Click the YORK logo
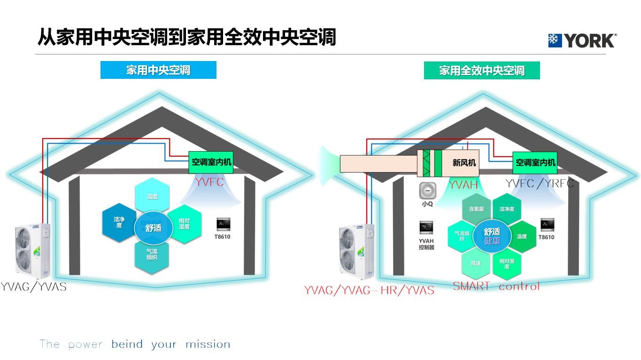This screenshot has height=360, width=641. click(x=582, y=41)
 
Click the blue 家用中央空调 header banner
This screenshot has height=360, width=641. click(x=158, y=70)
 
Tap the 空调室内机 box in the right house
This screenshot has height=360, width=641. click(x=535, y=162)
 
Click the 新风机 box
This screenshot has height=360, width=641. click(x=464, y=163)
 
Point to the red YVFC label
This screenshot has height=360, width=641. click(x=209, y=182)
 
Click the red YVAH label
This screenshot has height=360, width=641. click(x=463, y=185)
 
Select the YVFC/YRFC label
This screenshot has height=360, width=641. click(x=540, y=183)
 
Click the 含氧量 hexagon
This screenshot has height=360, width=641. click(x=476, y=209)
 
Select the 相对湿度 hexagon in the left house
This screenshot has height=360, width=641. click(x=184, y=224)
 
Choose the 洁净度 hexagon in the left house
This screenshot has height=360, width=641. click(x=119, y=222)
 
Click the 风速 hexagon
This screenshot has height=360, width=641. click(x=476, y=263)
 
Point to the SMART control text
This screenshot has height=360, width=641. click(x=496, y=286)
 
